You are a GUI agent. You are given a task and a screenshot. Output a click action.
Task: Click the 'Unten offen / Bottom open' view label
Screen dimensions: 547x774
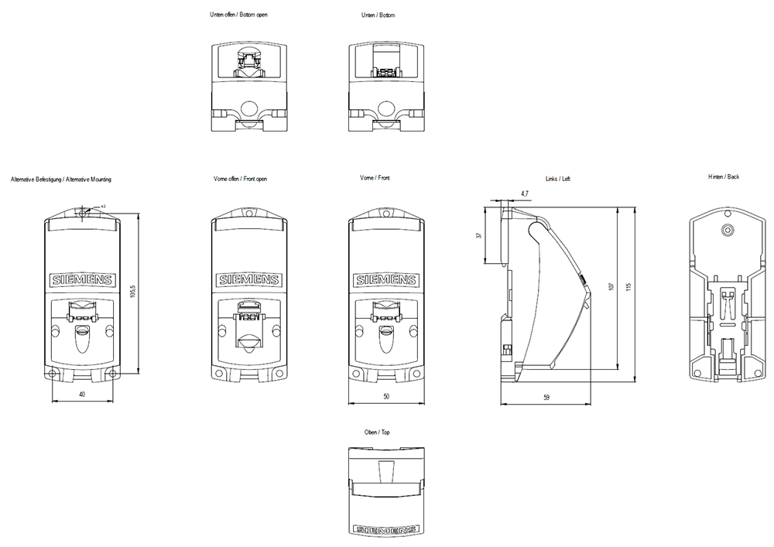click(239, 15)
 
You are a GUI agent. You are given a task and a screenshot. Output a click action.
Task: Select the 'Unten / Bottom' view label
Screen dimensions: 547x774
click(378, 15)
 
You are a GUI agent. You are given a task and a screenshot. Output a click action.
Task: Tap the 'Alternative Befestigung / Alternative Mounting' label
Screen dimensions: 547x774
click(61, 179)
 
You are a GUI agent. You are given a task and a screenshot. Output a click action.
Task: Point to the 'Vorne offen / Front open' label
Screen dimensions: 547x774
click(240, 179)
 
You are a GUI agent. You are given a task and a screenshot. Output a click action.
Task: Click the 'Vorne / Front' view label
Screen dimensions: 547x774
click(375, 179)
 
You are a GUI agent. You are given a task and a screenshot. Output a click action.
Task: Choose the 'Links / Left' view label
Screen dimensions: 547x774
click(558, 179)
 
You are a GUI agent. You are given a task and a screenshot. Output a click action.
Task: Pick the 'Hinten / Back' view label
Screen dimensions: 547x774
click(724, 177)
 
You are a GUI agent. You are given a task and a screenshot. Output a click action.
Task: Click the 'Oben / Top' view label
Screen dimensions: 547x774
click(375, 432)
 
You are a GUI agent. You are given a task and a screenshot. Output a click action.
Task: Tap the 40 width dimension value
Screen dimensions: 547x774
click(82, 395)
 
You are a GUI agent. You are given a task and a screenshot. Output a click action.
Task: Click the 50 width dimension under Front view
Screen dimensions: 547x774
click(387, 396)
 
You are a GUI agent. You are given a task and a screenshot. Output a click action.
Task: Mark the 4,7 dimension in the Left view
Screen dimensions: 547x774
click(525, 193)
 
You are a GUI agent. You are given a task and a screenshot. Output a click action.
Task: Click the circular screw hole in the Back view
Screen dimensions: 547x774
click(726, 230)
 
